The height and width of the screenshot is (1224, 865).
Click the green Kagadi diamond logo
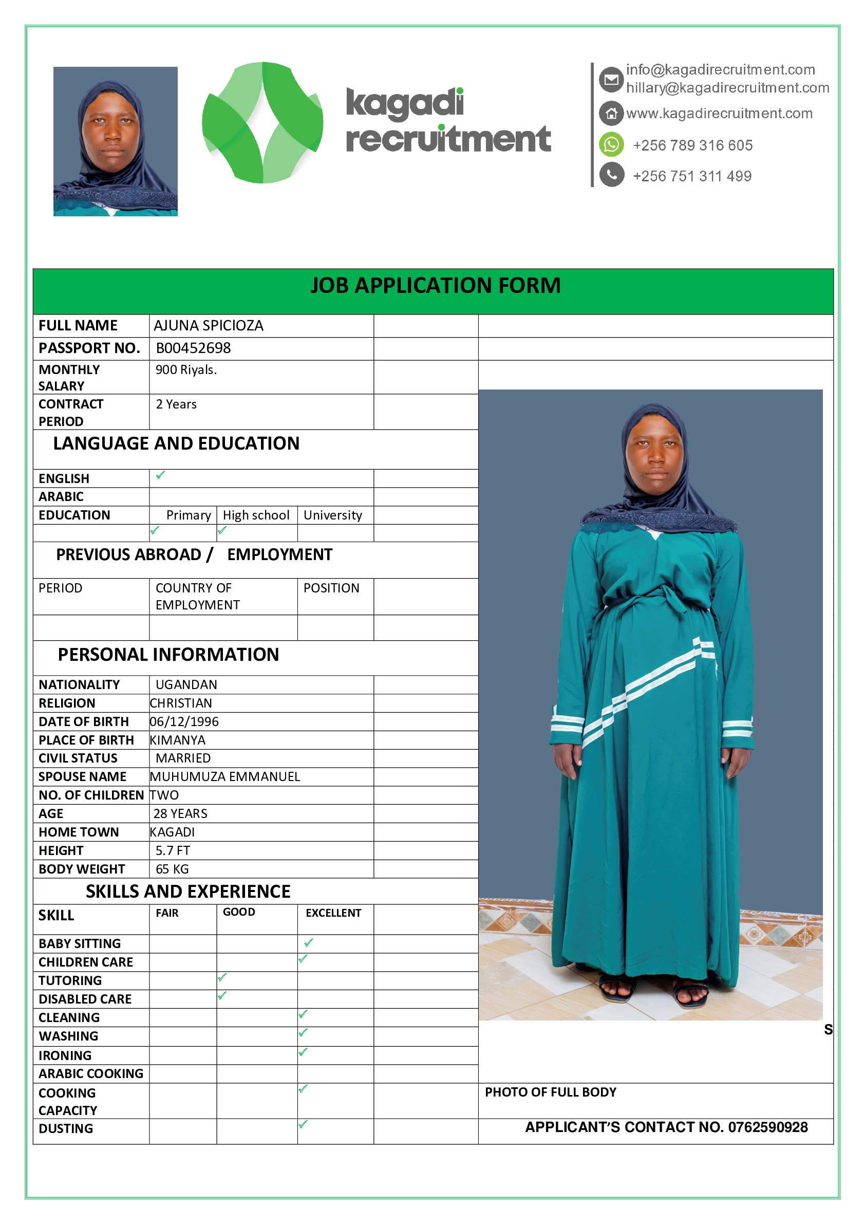click(x=262, y=123)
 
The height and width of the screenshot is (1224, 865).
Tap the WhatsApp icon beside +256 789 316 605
click(x=611, y=144)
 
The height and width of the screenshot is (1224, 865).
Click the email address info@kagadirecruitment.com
click(x=720, y=70)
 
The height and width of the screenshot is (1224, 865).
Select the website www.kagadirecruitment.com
click(x=719, y=113)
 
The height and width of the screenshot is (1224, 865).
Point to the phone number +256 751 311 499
click(x=692, y=176)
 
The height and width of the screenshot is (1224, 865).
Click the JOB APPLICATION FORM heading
click(x=435, y=286)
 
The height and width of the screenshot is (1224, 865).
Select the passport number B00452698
click(x=193, y=348)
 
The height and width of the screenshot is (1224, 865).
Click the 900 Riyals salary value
click(x=186, y=370)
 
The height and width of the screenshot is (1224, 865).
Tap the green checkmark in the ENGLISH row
click(x=160, y=475)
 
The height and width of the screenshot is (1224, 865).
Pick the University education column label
click(x=332, y=515)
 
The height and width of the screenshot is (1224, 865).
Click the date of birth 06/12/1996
click(x=184, y=722)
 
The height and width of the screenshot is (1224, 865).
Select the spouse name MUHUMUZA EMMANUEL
click(x=225, y=777)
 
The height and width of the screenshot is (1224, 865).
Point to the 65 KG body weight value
click(x=172, y=869)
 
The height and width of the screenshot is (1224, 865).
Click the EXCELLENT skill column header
click(x=333, y=913)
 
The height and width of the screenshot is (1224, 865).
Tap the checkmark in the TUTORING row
click(x=222, y=977)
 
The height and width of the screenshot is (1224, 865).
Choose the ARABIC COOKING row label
click(x=90, y=1073)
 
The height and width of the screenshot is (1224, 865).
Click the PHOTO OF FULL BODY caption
click(x=550, y=1092)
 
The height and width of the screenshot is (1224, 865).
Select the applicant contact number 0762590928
click(x=767, y=1127)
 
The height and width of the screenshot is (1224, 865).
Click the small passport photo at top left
click(x=115, y=141)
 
